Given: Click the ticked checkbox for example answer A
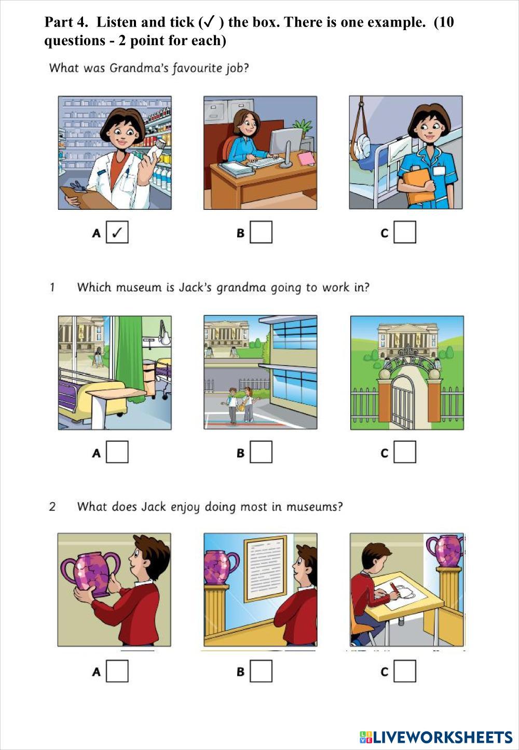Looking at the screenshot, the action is pyautogui.click(x=117, y=232).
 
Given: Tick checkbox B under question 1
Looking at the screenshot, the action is pyautogui.click(x=261, y=452).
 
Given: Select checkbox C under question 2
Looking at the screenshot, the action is pyautogui.click(x=405, y=671).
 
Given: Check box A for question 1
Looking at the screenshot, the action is pyautogui.click(x=117, y=452).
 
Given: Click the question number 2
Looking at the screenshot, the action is pyautogui.click(x=52, y=506).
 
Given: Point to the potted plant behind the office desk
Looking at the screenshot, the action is pyautogui.click(x=303, y=129).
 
